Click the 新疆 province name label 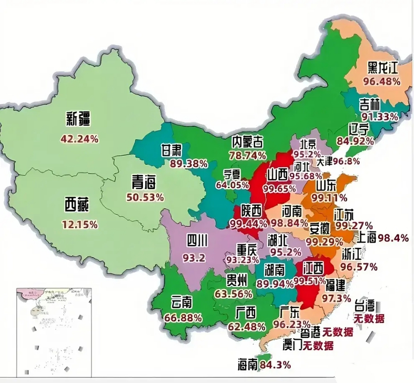click(x=78, y=119)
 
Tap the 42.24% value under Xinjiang click(x=79, y=139)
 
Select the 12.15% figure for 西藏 click(x=80, y=224)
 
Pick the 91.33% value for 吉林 click(x=380, y=117)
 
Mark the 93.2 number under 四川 click(x=194, y=258)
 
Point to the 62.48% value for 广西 click(x=246, y=327)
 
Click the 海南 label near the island click(x=248, y=365)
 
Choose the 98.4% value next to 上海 click(x=393, y=238)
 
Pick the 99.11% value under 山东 click(x=329, y=198)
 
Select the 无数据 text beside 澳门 click(x=318, y=346)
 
